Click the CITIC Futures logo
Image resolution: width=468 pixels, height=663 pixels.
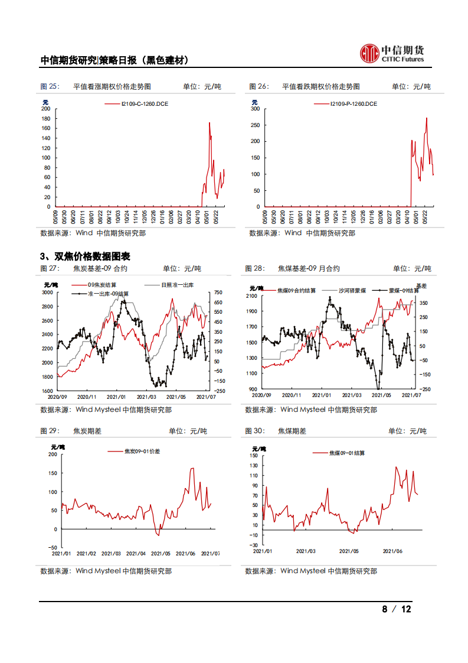tap(392, 53)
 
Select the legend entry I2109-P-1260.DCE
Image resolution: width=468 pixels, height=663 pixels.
tap(354, 104)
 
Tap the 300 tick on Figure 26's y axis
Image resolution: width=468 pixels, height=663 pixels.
tap(255, 109)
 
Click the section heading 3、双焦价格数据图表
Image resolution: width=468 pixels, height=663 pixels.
tap(84, 256)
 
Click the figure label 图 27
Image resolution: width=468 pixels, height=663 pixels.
tap(50, 268)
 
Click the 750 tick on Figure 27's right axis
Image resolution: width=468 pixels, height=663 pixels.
tap(218, 292)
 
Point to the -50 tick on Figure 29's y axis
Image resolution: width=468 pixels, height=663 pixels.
tap(52, 548)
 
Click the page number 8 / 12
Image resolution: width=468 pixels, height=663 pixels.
tap(396, 609)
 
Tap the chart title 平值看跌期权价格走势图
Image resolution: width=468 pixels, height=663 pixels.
tap(321, 86)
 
